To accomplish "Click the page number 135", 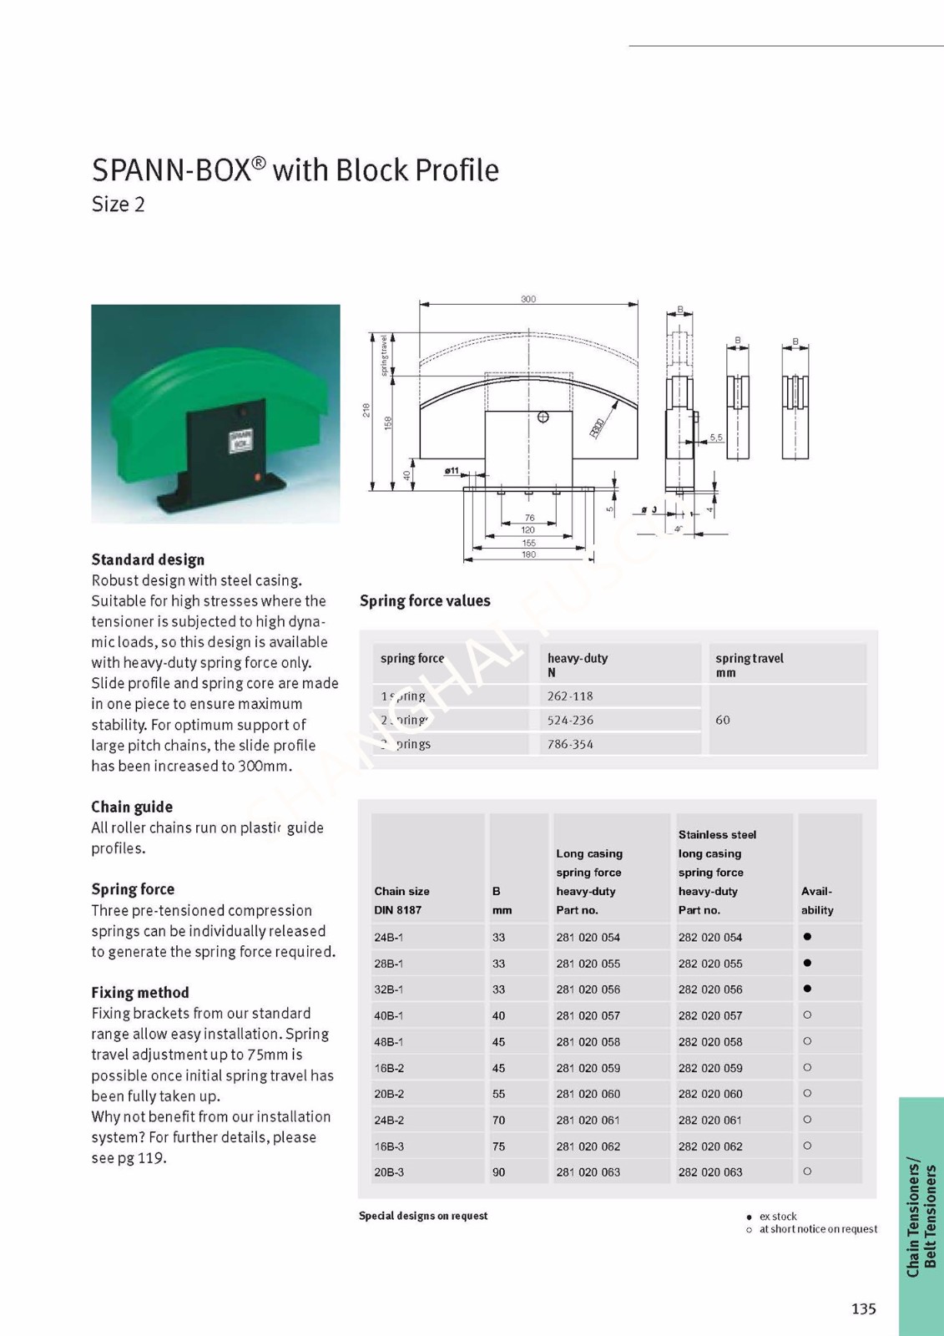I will pos(864,1308).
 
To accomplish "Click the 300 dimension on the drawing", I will pos(528,299).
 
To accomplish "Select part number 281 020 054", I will pos(588,938).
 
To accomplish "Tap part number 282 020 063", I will pos(709,1172).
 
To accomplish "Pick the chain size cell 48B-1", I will pos(389,1042).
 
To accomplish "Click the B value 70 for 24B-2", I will pos(498,1121).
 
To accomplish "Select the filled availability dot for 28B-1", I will pos(807,963).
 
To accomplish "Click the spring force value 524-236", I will pos(570,720).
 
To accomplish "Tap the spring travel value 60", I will pos(723,720).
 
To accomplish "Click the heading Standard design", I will pos(148,559).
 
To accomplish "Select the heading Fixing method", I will pos(140,993).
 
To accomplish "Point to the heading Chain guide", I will pos(132,807).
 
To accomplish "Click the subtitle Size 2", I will pos(118,205).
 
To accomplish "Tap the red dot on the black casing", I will pos(258,477).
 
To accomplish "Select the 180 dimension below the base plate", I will pos(528,554).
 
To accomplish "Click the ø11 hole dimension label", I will pos(452,471).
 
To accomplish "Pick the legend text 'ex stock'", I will pos(778,1217).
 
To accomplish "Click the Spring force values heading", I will pos(425,601).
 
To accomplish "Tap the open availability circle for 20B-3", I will pos(807,1172).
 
